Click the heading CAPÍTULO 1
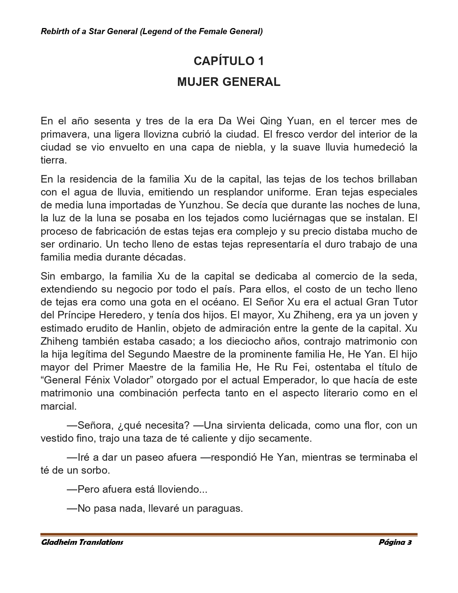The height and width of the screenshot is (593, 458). pos(229,61)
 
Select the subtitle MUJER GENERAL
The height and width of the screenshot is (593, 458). pos(229,82)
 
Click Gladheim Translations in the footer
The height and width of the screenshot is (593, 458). pos(82,542)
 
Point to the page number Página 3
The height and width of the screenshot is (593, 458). pos(395,542)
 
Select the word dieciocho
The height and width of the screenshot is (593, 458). pos(264,341)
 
